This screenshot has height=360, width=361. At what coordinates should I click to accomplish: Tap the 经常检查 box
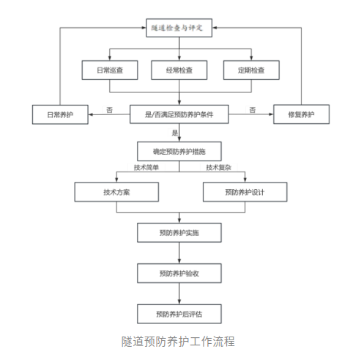[180, 71]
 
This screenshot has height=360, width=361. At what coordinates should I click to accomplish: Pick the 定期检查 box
[251, 71]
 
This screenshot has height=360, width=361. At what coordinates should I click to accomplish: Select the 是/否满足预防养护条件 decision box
[180, 113]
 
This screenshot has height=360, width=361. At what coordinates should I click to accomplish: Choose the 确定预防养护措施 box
[180, 152]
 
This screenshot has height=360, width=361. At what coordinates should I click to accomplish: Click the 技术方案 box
[117, 192]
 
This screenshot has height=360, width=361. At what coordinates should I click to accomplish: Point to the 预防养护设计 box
[243, 192]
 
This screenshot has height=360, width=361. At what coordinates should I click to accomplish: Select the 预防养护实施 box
[180, 232]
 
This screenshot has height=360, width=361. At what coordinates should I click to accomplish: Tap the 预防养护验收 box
[180, 273]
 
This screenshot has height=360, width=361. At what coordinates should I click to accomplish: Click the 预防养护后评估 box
[180, 315]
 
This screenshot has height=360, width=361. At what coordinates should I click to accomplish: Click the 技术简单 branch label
[146, 168]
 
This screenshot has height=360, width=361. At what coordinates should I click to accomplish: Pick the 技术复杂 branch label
[217, 168]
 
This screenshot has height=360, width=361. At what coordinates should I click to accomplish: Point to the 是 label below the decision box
[175, 133]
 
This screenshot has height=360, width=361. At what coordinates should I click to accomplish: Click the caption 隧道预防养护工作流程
[180, 341]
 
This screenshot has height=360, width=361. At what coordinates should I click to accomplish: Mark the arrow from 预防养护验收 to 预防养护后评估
[180, 294]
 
